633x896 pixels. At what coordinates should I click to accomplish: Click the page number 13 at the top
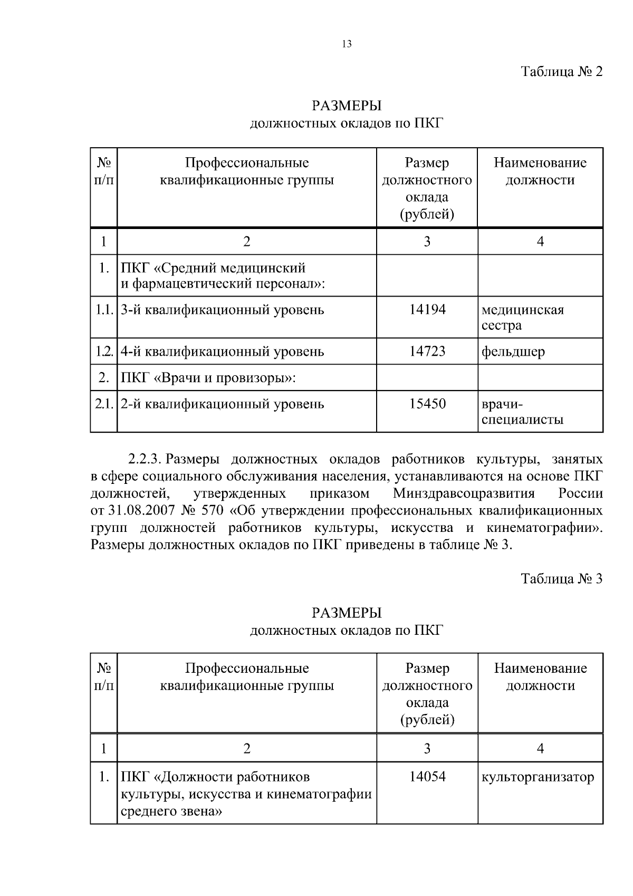point(347,44)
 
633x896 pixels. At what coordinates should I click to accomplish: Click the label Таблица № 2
point(561,72)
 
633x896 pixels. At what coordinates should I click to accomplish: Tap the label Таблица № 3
point(561,579)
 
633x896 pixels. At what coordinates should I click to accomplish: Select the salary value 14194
point(427,310)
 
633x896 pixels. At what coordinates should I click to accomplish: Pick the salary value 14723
point(427,351)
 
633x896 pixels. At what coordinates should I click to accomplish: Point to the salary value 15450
point(427,404)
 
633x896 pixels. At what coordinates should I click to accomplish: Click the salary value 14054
point(427,777)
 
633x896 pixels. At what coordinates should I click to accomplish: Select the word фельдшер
point(513,352)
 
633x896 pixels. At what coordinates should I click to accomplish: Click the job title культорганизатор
point(538,777)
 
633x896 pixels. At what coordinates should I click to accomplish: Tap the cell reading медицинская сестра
point(522,317)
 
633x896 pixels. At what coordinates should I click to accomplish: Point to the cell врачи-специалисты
point(522,412)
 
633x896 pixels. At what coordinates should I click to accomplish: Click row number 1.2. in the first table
point(104,351)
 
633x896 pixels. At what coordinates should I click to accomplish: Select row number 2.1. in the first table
point(104,404)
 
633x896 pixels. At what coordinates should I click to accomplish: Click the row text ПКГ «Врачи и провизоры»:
point(208,378)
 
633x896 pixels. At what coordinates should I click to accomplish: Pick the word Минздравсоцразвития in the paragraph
point(464,494)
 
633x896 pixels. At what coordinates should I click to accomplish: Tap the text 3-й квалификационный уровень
point(222,310)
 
